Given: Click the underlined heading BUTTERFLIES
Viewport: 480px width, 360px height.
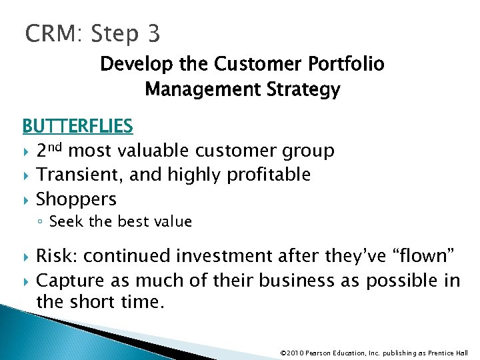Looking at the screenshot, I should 77,125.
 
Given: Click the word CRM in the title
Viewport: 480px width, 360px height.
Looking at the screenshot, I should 51,33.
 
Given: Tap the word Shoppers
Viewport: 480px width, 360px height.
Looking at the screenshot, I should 76,199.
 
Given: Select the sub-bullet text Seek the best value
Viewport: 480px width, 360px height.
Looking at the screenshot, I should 120,221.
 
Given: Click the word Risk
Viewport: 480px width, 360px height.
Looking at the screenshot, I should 57,256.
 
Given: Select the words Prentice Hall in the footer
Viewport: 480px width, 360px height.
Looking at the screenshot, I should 451,353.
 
